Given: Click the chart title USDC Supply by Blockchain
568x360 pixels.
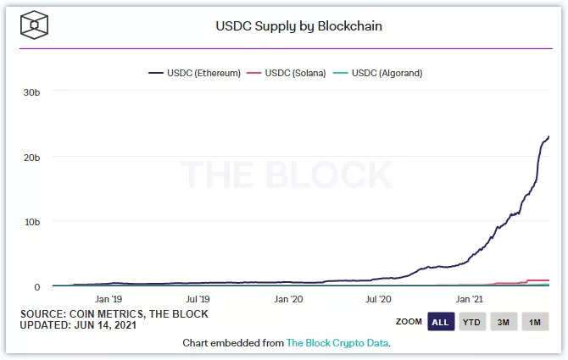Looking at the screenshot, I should (299, 26).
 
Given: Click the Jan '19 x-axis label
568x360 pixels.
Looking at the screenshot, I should (109, 299).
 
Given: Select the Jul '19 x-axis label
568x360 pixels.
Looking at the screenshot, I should (198, 299).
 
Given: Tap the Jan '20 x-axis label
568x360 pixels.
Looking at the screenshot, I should (288, 299).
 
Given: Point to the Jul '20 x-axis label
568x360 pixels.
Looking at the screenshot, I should (378, 299).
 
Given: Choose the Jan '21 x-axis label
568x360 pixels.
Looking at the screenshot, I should (470, 299).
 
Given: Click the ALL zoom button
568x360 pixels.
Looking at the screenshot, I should (440, 322).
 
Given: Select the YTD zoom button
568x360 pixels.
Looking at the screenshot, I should (472, 322).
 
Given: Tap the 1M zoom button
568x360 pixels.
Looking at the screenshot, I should (535, 322).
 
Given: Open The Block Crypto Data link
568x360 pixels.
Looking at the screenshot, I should (337, 343).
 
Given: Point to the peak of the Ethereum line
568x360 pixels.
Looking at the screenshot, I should (549, 136).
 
